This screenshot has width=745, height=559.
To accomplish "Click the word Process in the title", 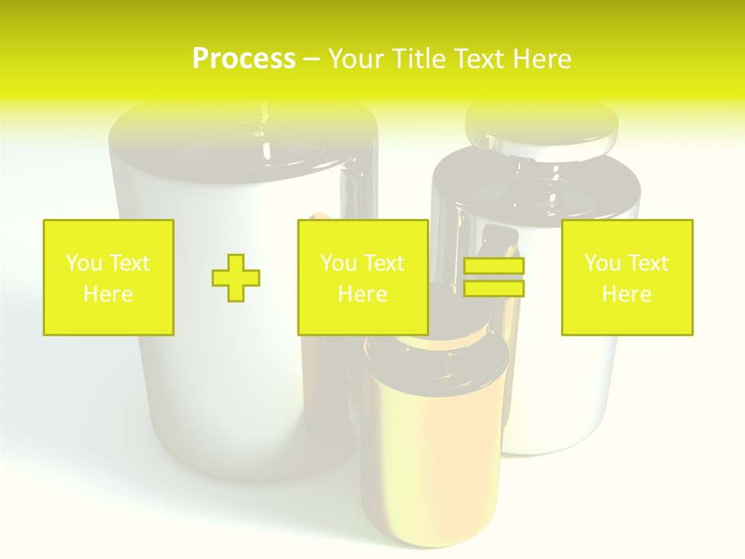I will click(244, 59).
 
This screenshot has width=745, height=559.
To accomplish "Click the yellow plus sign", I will click(236, 278).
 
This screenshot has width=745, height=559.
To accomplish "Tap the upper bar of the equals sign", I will click(494, 266).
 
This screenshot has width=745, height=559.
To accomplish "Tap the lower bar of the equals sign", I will click(494, 288).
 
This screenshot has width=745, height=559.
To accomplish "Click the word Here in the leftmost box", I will click(108, 294).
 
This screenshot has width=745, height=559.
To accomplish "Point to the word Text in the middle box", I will click(384, 263).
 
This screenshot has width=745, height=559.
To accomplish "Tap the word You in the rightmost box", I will click(602, 263).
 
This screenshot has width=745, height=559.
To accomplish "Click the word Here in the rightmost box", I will click(627, 294).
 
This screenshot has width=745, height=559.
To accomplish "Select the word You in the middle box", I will click(338, 263).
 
